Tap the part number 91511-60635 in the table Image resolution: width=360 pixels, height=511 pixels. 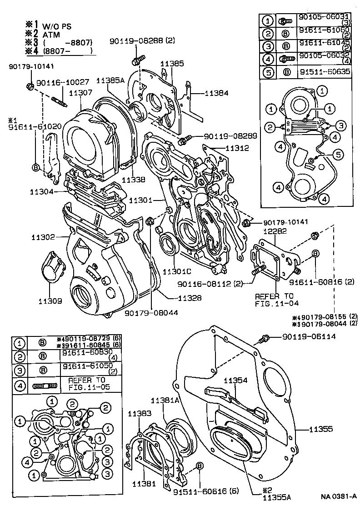(x=325, y=71)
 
